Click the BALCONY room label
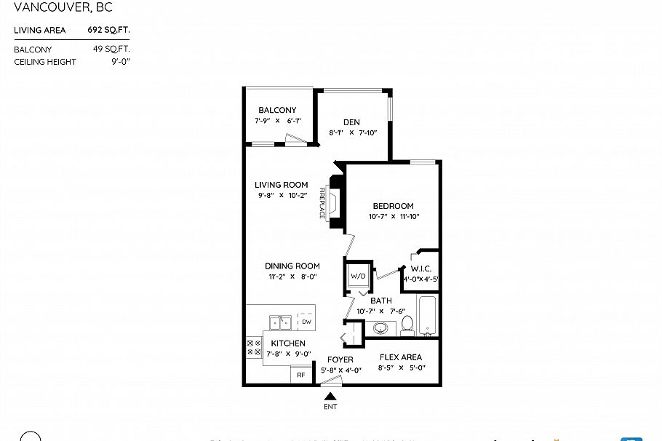pos(277,110)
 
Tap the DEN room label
pos(352,122)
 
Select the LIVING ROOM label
pos(281,185)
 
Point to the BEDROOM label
pos(394,206)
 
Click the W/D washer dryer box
pos(358,277)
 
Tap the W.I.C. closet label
pos(421,269)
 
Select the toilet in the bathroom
pos(407,325)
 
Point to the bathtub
pos(428,316)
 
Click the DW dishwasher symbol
pos(306,322)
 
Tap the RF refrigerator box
pos(300,376)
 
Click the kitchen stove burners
pos(254,346)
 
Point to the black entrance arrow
pos(330,397)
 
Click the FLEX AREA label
pos(401,357)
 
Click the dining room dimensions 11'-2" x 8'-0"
pos(292,277)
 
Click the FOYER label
pos(340,359)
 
